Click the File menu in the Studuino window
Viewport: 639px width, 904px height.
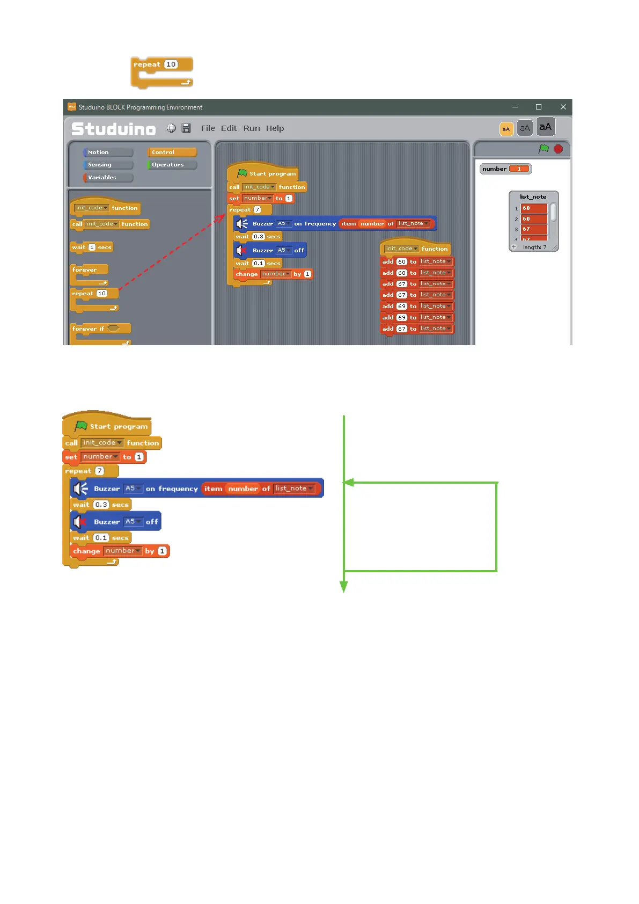pos(208,128)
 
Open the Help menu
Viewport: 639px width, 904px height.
pos(275,128)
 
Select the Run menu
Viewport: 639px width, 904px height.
pos(252,128)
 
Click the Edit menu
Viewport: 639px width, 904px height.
pos(229,128)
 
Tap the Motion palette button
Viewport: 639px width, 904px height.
pos(108,152)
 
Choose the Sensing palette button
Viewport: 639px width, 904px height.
pos(108,165)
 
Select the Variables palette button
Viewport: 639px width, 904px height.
pos(108,178)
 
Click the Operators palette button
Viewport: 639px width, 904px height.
pos(172,165)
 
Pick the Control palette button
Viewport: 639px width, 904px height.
pos(172,152)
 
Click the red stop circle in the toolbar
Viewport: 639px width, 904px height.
pos(558,149)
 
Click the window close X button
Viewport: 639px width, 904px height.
pos(563,107)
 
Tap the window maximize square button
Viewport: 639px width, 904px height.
pos(538,107)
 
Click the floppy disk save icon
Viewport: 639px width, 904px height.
pos(186,128)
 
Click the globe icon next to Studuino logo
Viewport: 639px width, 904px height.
pos(171,128)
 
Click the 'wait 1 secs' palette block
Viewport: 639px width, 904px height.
pos(92,247)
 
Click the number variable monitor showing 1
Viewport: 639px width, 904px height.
pos(505,169)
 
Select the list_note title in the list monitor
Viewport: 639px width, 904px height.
pos(533,197)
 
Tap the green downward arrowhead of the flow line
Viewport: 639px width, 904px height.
pos(344,587)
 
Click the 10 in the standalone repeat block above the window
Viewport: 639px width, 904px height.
pos(171,64)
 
